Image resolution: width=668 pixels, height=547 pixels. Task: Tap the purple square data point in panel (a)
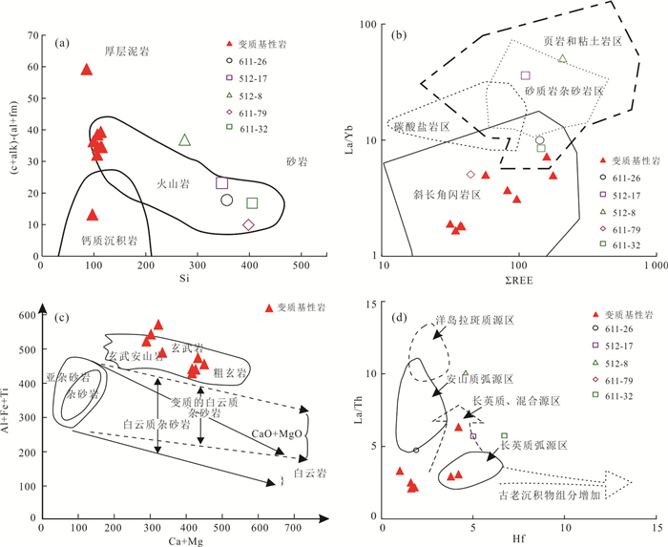point(222,183)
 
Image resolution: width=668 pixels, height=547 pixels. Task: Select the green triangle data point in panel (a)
point(184,140)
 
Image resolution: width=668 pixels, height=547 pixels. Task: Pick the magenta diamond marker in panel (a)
point(249,225)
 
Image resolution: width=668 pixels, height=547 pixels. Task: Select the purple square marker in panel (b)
point(525,75)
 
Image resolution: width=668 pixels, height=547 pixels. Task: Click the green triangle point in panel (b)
point(563,59)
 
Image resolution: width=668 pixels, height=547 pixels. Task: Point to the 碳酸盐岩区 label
point(420,126)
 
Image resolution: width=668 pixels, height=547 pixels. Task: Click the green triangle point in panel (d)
point(466,374)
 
